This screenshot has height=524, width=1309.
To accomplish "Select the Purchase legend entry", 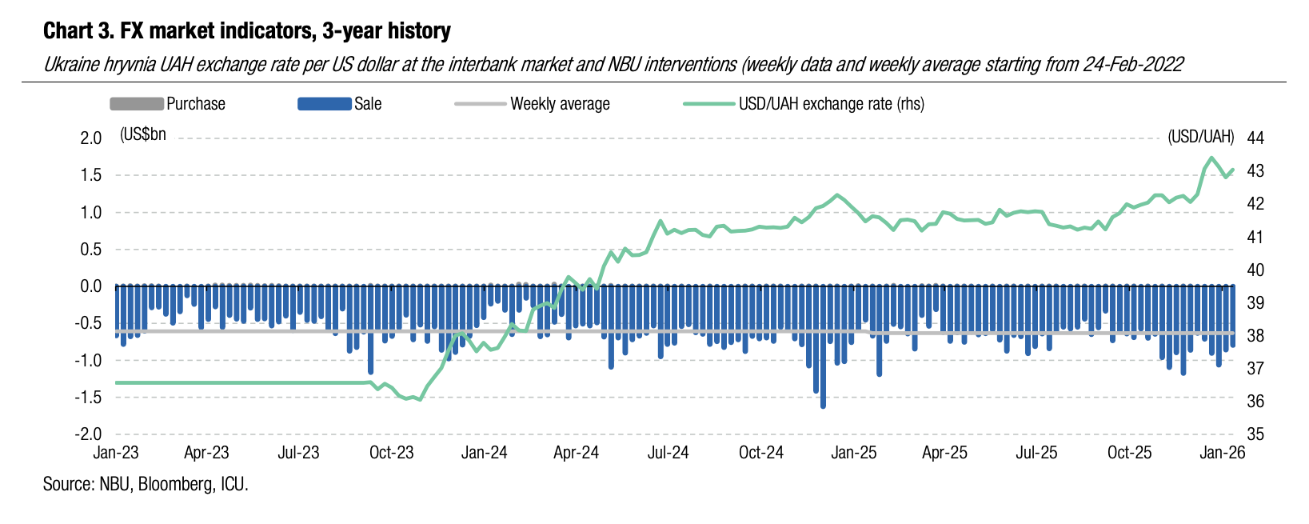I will click(x=195, y=104).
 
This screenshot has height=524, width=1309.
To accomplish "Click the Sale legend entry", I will click(x=368, y=104).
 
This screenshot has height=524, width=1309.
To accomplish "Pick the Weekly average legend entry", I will click(x=560, y=104).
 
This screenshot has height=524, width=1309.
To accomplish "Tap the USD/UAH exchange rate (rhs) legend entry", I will click(x=831, y=104).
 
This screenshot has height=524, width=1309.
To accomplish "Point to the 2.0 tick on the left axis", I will click(x=91, y=138).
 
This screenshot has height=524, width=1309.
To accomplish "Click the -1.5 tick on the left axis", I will click(x=89, y=398).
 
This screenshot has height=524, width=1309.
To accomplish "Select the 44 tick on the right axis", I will click(x=1255, y=138).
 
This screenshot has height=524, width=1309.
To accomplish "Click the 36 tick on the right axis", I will click(x=1255, y=402).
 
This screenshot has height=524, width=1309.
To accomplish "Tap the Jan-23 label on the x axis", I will click(x=116, y=453).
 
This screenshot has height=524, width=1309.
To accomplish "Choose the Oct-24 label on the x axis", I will click(x=761, y=453).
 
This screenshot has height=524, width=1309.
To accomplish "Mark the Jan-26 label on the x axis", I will click(x=1223, y=453).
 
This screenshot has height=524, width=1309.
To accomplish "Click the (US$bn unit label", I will click(x=143, y=134).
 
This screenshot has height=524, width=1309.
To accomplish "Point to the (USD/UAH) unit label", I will click(x=1200, y=137).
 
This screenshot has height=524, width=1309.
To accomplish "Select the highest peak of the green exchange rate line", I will click(x=1211, y=158).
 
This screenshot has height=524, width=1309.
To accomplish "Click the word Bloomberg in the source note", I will click(x=175, y=484).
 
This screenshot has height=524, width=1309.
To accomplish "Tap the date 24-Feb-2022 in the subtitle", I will click(x=1133, y=65).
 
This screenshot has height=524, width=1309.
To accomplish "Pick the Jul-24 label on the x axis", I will click(x=668, y=453).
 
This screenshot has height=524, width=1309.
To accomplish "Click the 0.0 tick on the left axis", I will click(x=91, y=286).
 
